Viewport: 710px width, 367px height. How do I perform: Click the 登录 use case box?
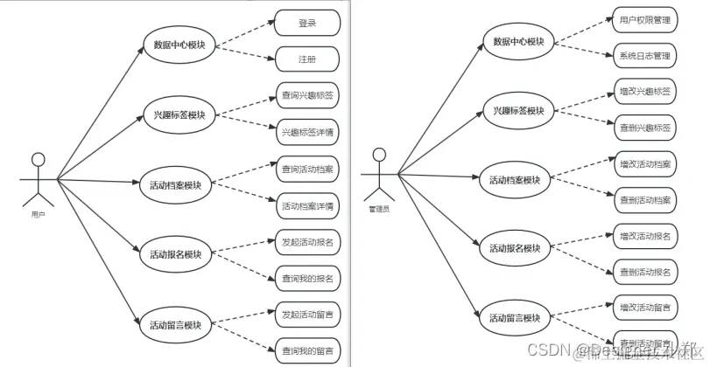[x=306, y=24]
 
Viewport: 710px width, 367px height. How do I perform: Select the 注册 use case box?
[x=306, y=59]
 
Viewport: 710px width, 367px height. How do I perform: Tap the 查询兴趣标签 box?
[x=306, y=96]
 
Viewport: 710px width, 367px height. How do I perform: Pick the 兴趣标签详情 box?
[x=306, y=133]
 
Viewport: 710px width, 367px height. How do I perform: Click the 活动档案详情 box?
[x=306, y=206]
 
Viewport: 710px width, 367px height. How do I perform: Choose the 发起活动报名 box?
[x=306, y=240]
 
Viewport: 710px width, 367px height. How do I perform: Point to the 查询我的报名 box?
[x=306, y=278]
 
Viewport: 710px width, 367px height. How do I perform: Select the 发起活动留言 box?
[x=306, y=313]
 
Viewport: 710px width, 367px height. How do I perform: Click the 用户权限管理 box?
[x=644, y=19]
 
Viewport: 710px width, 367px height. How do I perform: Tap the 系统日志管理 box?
[x=644, y=56]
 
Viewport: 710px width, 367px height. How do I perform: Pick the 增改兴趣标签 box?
[x=644, y=92]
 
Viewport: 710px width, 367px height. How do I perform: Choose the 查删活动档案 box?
[x=644, y=199]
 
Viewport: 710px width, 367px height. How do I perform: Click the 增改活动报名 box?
[x=644, y=236]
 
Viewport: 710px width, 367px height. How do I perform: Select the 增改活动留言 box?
[x=644, y=307]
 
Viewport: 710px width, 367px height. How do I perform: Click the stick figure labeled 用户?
[x=38, y=180]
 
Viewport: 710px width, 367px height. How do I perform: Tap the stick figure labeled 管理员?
[x=378, y=176]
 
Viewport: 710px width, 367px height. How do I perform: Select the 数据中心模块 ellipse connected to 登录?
[x=179, y=44]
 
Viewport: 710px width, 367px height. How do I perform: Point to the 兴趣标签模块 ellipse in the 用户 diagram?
[x=179, y=114]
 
